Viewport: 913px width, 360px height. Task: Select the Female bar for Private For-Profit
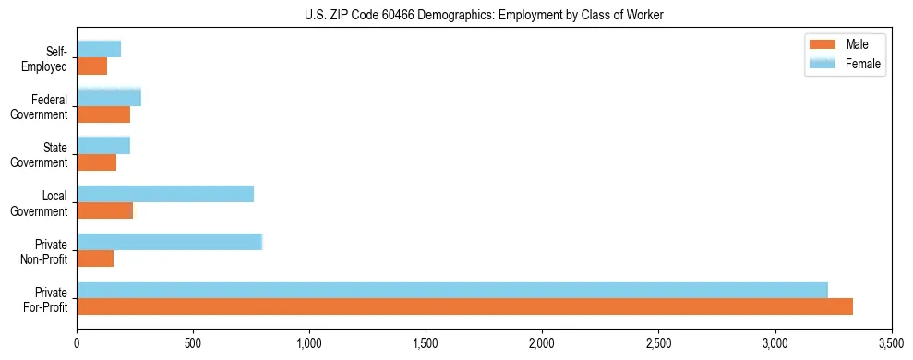[452, 290]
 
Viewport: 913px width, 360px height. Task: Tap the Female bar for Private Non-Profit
[170, 242]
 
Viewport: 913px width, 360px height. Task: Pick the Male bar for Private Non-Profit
[95, 258]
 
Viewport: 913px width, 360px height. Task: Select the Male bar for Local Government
[105, 210]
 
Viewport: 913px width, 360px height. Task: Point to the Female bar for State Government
[103, 146]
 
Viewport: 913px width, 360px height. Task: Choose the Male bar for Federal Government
[103, 114]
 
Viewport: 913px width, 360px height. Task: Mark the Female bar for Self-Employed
[99, 50]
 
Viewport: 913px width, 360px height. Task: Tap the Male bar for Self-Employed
[92, 66]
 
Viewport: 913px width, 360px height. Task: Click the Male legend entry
[845, 44]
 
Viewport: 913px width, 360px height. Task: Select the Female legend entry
[845, 64]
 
